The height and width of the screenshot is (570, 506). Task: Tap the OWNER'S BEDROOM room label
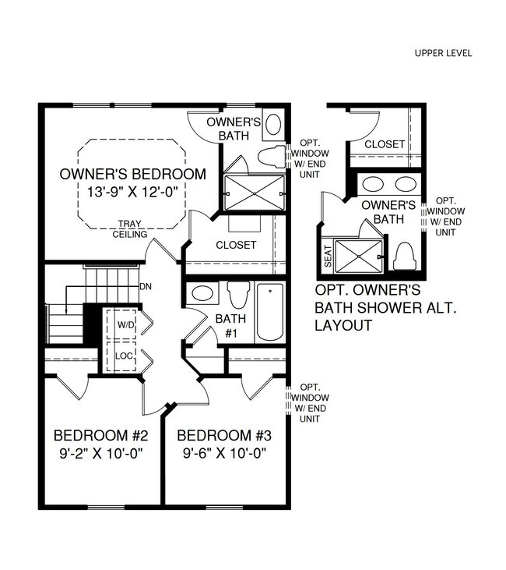(133, 174)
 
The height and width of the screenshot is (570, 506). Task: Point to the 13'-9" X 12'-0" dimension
(133, 193)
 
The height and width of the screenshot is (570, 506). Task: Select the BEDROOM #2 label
(97, 435)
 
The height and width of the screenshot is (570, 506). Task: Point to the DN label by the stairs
(145, 286)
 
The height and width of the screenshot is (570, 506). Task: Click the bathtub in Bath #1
(270, 312)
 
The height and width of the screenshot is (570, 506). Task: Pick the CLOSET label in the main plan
(236, 245)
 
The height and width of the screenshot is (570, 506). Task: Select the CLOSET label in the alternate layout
(385, 144)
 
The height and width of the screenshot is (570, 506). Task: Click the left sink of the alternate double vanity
(374, 186)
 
